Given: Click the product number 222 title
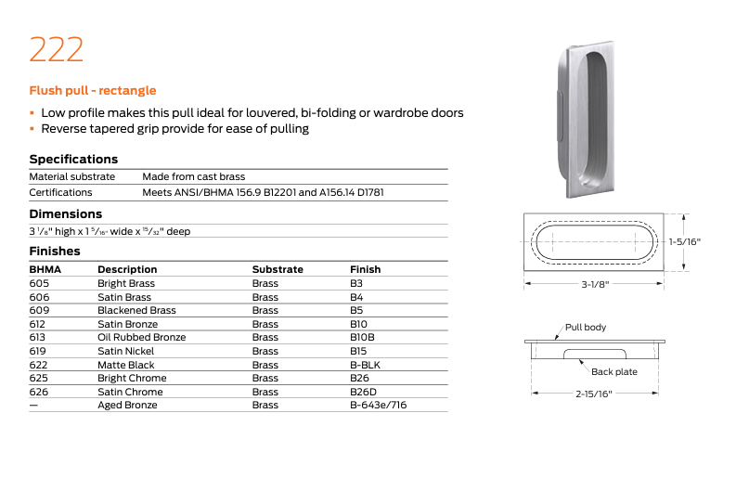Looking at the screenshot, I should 57,49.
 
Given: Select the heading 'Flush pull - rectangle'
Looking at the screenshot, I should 93,91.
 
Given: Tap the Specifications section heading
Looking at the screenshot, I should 73,159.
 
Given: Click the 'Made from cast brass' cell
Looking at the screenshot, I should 193,176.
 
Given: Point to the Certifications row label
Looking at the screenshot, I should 60,192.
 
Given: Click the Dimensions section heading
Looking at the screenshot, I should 66,213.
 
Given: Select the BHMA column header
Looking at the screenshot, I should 45,269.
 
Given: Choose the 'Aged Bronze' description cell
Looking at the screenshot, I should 128,405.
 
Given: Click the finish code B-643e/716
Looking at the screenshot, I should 378,405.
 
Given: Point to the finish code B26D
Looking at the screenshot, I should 363,392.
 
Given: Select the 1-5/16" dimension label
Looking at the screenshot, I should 684,241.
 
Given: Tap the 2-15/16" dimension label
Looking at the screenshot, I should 595,393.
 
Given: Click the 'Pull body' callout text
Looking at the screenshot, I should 586,328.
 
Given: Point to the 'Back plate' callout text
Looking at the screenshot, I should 614,371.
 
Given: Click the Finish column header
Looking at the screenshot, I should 365,269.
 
